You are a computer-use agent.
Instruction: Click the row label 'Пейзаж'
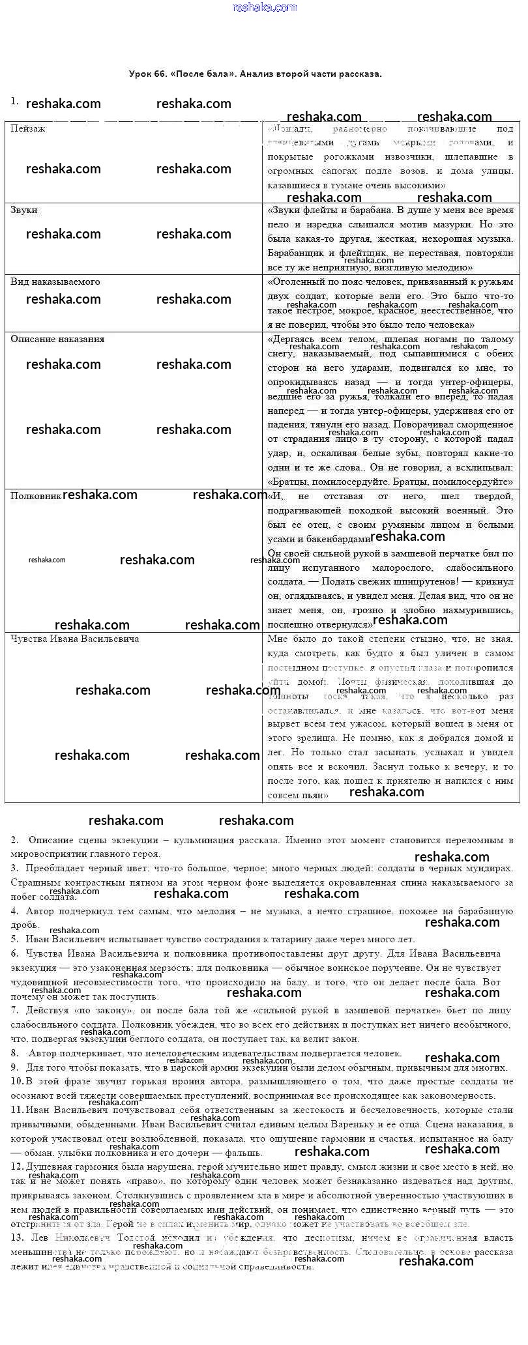tap(28, 129)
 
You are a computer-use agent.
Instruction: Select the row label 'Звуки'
tap(24, 210)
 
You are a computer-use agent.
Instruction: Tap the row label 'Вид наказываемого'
tap(55, 282)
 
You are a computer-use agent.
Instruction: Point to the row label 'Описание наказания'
tap(57, 340)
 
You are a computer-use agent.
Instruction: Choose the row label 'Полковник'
tap(36, 496)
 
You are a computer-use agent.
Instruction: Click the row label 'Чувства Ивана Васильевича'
tap(74, 639)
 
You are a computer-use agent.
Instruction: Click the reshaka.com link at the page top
tap(264, 7)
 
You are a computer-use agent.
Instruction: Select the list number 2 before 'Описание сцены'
tap(14, 840)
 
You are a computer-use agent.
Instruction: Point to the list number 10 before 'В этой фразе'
tap(16, 1081)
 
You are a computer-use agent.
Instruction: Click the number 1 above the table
tap(14, 101)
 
